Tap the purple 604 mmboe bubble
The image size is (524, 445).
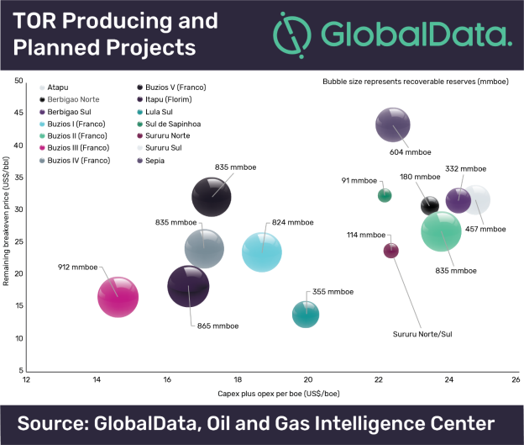pos(392,125)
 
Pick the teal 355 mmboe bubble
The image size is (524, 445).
pos(306,315)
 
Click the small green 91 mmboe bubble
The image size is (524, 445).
pos(385,195)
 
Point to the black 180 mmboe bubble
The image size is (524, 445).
pos(430,204)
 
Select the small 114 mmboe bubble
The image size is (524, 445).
pos(390,250)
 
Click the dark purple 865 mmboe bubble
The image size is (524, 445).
pos(189,286)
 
